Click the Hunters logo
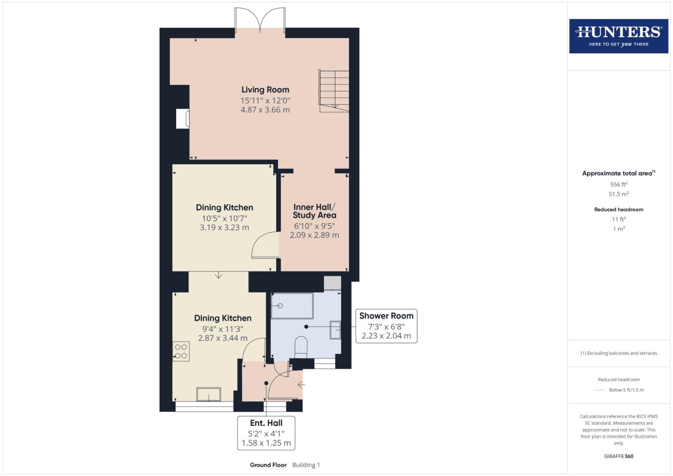(618, 36)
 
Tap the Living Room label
(265, 90)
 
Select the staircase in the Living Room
(334, 90)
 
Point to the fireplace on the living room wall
(183, 119)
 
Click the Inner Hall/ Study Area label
(314, 211)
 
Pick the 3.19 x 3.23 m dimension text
(224, 228)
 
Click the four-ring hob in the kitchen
(181, 352)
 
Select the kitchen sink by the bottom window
(209, 394)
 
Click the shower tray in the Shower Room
(292, 305)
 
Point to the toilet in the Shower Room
(301, 347)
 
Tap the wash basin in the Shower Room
(335, 330)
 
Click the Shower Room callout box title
(386, 316)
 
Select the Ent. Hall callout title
(266, 423)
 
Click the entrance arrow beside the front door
(301, 385)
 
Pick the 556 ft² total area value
(618, 185)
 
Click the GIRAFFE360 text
(618, 456)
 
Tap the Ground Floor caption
(268, 465)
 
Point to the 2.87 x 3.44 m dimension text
(223, 338)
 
